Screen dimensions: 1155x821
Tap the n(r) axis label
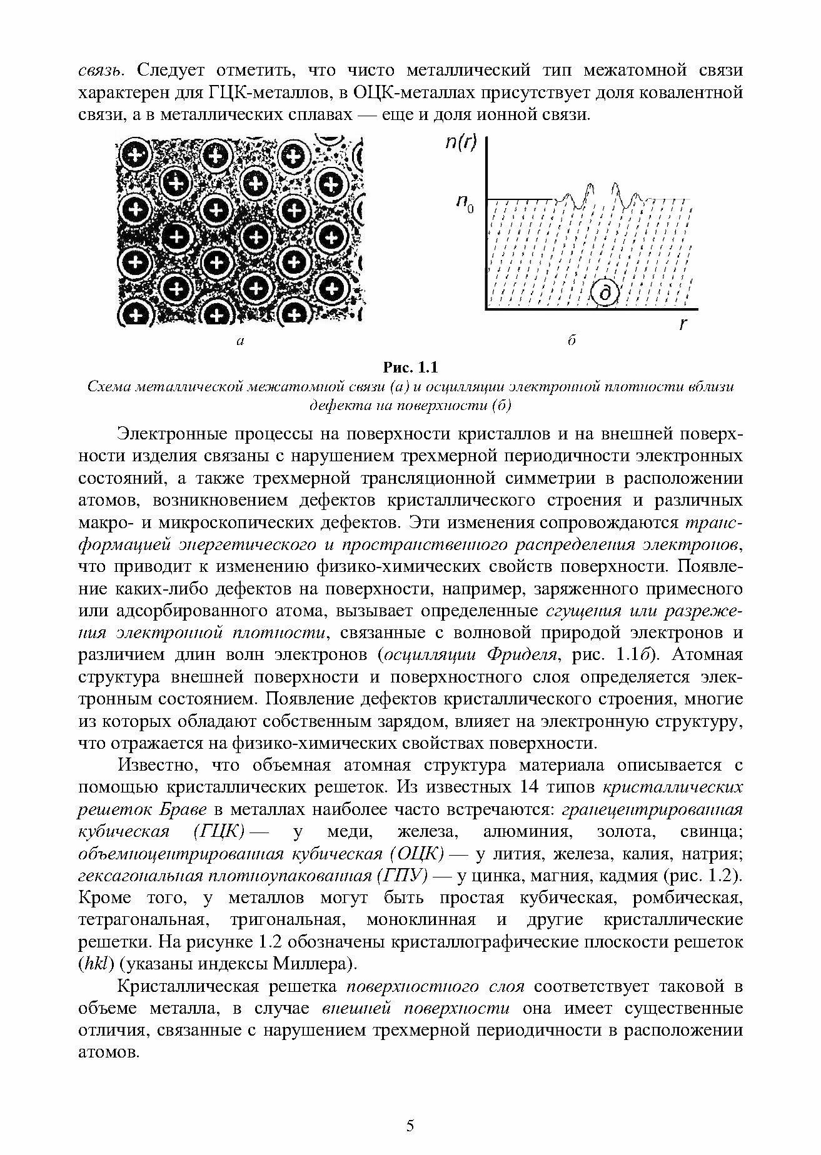pos(460,143)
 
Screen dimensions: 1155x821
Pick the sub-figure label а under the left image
pos(240,341)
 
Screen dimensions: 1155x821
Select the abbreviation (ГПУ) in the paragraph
pos(403,876)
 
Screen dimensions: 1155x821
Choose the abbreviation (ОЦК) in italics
pos(416,854)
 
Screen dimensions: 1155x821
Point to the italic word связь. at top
pos(101,71)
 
